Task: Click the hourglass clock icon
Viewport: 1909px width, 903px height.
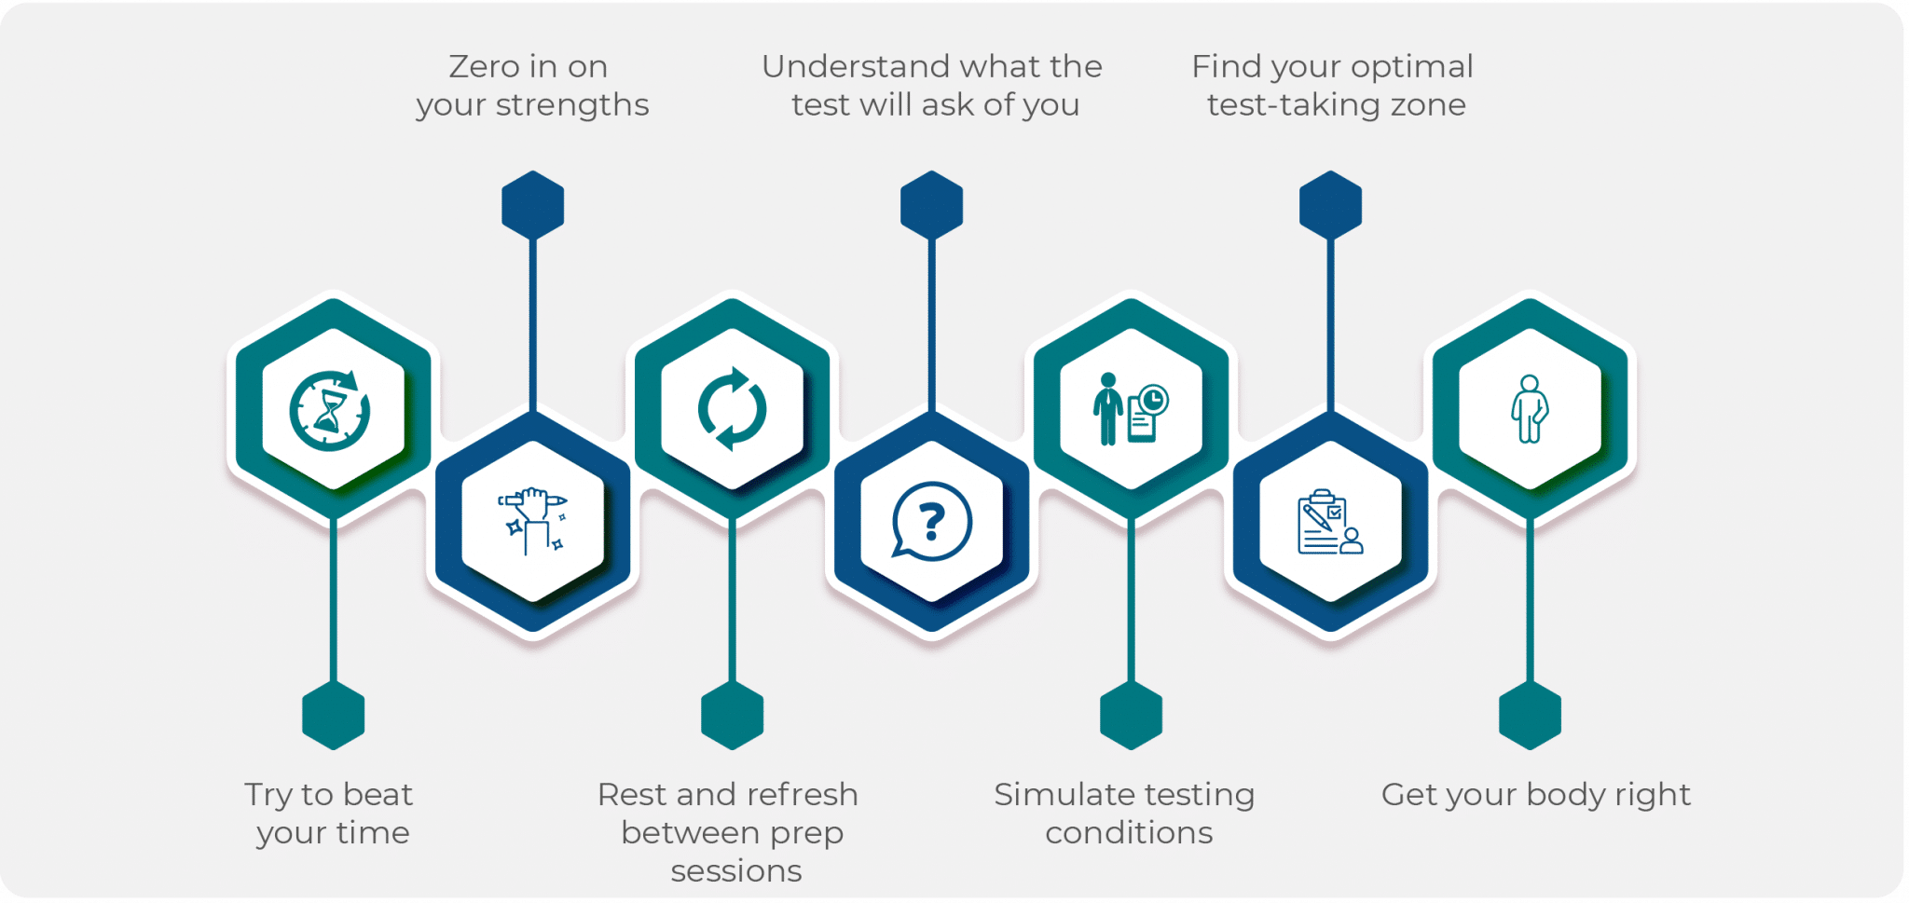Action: (x=330, y=410)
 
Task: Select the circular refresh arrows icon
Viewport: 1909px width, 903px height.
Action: (x=732, y=409)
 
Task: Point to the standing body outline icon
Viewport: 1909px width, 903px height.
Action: (x=1530, y=409)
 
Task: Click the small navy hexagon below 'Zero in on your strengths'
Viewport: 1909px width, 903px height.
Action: (x=532, y=205)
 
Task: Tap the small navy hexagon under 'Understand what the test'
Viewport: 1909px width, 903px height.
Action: (x=931, y=205)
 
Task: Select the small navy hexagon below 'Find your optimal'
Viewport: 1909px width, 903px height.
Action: (x=1330, y=205)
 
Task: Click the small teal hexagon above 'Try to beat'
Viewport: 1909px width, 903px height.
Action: (x=333, y=716)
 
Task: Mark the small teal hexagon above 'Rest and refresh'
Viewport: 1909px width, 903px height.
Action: (x=732, y=716)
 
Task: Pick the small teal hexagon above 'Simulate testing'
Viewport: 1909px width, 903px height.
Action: (x=1131, y=716)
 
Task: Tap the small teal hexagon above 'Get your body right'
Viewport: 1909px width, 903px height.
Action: (x=1530, y=716)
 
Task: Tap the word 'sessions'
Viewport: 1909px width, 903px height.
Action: (x=735, y=870)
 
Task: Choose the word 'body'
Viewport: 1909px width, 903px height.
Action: (x=1566, y=795)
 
